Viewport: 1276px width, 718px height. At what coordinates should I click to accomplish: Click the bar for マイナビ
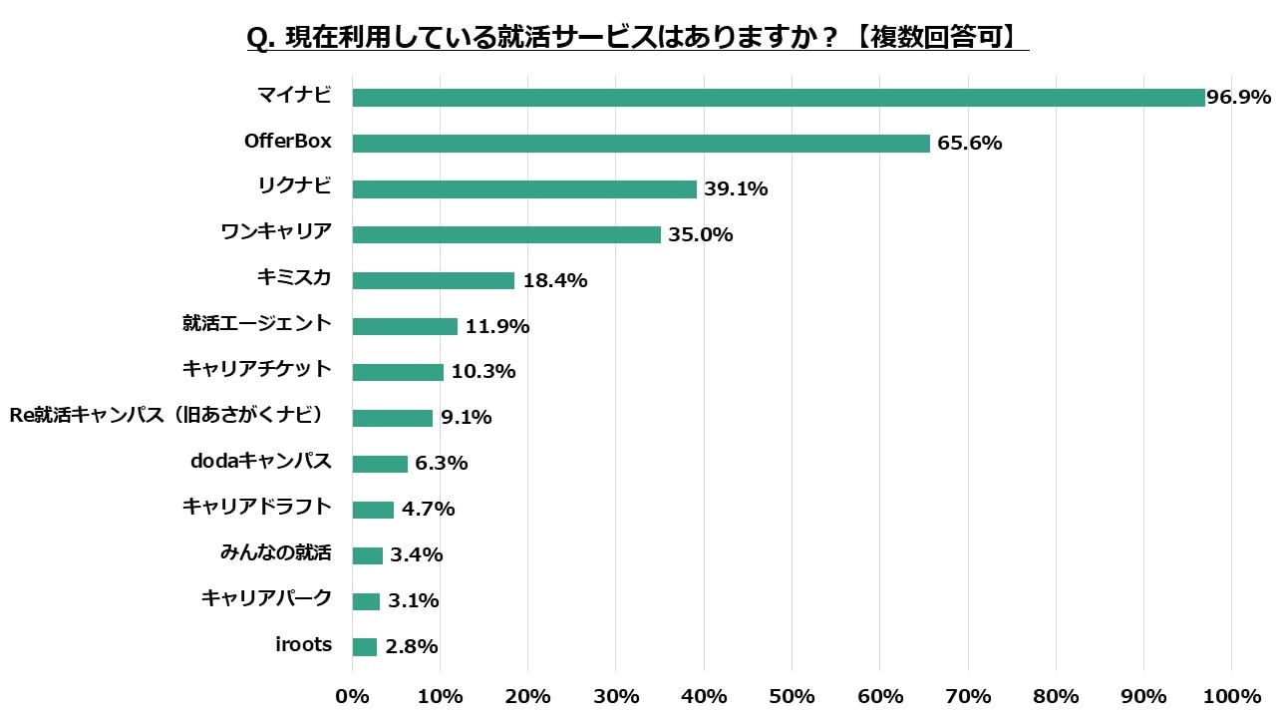pos(778,98)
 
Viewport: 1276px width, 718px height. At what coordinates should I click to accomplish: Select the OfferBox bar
pos(640,144)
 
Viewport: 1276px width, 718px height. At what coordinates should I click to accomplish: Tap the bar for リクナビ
pos(524,189)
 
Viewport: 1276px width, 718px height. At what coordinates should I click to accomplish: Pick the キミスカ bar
pos(433,281)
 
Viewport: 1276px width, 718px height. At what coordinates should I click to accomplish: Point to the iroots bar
pos(364,647)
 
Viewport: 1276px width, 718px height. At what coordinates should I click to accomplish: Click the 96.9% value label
pos(1238,98)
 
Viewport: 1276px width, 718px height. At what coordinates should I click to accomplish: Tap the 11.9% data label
pos(497,327)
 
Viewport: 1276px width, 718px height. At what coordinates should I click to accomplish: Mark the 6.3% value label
pos(442,464)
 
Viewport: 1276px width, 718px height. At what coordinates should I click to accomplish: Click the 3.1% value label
pos(413,601)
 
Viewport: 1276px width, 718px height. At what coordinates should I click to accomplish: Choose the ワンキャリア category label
pos(276,232)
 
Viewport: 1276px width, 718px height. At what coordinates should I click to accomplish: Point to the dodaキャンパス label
pos(260,462)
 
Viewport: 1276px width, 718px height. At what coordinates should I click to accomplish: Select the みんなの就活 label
pos(275,552)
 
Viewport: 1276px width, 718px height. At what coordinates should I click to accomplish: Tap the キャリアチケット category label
pos(256,369)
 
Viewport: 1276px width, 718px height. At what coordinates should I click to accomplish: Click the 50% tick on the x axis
pos(792,695)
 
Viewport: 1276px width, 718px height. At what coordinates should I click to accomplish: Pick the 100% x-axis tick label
pos(1231,695)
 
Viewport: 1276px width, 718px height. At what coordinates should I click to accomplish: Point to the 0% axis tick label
pos(352,695)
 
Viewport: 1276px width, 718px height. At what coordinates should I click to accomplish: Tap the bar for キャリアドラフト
pos(373,510)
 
